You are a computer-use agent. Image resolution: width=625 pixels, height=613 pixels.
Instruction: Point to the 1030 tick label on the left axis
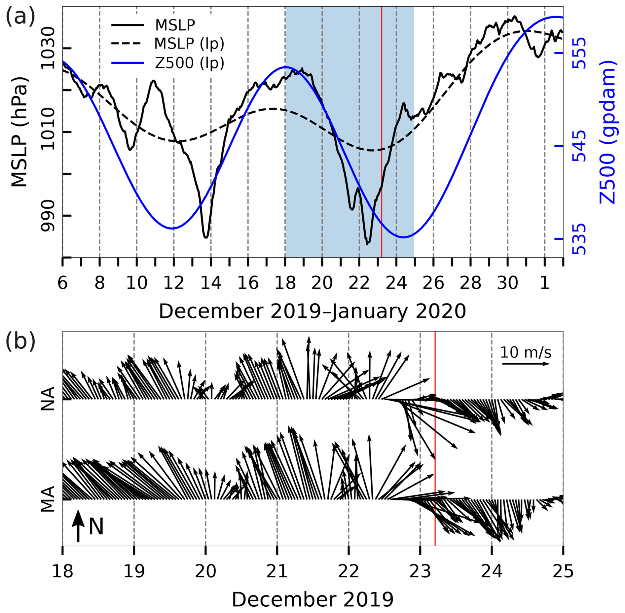pos(48,49)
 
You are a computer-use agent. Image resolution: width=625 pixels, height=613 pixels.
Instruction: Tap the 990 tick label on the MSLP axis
pos(48,216)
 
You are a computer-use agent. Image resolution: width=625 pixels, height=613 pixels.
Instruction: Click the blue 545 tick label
pos(578,146)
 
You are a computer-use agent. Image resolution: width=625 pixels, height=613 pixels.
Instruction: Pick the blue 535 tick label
pos(578,239)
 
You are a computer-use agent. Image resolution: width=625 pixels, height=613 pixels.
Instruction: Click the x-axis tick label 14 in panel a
pos(211,283)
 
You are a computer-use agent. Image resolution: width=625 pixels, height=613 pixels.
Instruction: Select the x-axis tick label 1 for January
pos(545,283)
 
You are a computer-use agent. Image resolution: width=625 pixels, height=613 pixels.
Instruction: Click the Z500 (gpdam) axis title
pos(607,132)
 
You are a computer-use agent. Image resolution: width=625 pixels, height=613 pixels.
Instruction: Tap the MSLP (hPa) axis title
pos(19,132)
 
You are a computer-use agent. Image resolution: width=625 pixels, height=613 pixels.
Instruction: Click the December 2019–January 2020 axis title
pos(312,311)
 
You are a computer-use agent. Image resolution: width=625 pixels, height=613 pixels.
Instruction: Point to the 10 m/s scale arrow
pos(526,364)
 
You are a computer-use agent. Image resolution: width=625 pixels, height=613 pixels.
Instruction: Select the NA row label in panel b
pos(48,399)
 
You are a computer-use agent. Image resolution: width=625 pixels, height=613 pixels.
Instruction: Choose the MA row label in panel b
pos(48,499)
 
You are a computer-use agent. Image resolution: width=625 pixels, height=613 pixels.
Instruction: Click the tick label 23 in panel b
pos(420,571)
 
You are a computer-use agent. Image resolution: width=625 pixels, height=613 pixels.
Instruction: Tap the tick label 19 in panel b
pos(134,571)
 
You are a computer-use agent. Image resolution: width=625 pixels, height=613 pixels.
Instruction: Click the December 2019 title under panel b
pos(312,599)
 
